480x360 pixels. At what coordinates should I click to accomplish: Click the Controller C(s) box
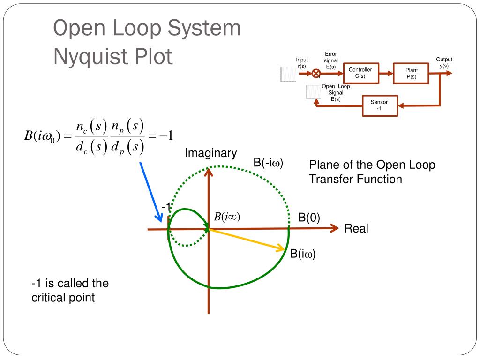(x=360, y=73)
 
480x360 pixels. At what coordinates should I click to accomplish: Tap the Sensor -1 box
(x=379, y=105)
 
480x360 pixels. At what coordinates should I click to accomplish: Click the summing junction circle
(x=316, y=73)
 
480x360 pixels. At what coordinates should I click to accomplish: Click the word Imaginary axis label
(x=210, y=153)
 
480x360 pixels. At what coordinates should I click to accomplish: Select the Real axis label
(x=356, y=229)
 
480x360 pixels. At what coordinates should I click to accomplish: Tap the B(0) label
(x=309, y=218)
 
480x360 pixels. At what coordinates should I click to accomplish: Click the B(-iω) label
(x=268, y=163)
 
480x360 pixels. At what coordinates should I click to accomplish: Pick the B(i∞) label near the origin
(x=227, y=217)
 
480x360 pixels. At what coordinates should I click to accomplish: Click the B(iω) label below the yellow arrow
(x=302, y=255)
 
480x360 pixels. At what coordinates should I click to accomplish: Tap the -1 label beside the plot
(x=165, y=207)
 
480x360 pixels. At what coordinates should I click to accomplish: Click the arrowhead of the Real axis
(x=335, y=228)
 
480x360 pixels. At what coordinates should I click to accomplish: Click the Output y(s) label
(x=444, y=62)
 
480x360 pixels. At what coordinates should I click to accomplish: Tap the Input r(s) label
(x=302, y=63)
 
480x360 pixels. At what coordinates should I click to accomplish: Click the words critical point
(x=63, y=298)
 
